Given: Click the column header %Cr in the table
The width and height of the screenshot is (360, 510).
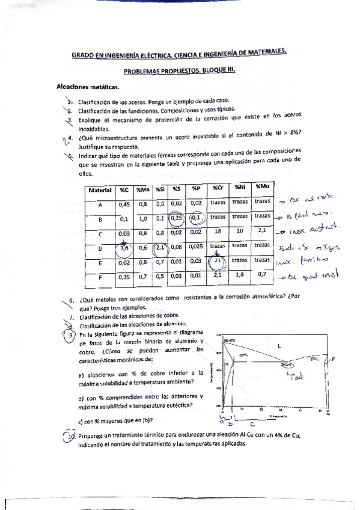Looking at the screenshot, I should coord(218,189).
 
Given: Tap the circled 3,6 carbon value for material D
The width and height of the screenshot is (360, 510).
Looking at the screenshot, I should coord(125,247).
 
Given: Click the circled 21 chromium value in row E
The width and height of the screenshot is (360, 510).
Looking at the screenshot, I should coord(218,262).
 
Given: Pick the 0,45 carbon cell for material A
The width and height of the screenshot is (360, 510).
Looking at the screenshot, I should coord(125,204).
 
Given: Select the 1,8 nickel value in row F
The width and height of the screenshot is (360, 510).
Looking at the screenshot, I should coord(240,276).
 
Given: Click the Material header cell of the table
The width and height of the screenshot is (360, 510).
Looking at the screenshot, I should coord(100,189).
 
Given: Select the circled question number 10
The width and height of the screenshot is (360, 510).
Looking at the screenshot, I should coord(72,436).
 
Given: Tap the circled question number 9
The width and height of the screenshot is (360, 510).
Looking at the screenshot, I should coord(72,335).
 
